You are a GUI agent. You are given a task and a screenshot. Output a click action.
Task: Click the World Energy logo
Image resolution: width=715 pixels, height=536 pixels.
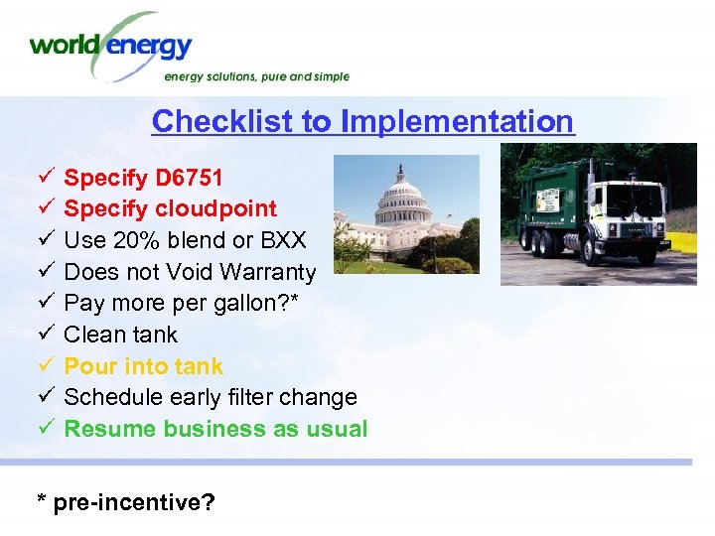coord(111,46)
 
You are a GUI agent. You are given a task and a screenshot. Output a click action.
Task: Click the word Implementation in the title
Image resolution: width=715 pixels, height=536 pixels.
coord(457,121)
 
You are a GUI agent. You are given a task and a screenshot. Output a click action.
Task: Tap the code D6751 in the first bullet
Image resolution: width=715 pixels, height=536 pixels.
coord(189,179)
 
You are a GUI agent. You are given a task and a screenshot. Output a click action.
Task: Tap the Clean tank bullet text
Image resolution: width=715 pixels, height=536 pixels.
coord(121,335)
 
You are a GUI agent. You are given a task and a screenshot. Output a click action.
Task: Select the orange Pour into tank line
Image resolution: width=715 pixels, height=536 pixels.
coord(143,366)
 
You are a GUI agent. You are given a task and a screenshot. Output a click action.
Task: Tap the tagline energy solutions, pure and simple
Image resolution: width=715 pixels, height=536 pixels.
coord(256,76)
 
